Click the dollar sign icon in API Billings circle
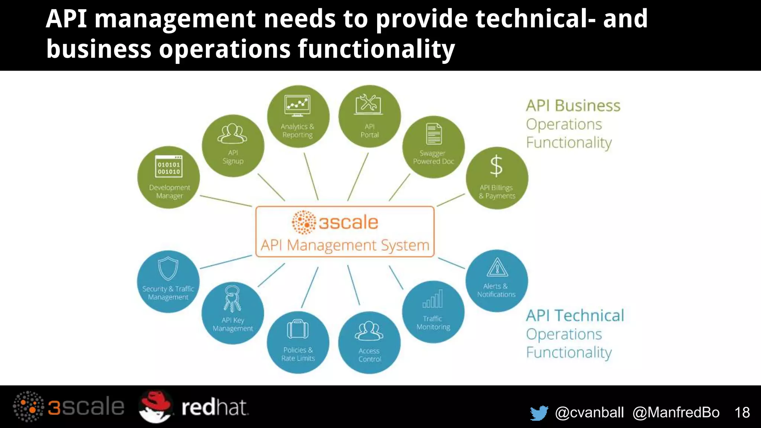(496, 166)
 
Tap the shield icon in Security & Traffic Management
(168, 268)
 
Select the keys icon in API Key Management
(232, 298)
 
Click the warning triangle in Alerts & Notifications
(497, 267)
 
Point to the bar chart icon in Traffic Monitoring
(433, 299)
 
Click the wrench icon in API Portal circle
(369, 104)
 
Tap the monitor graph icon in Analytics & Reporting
(297, 105)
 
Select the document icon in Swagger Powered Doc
(434, 134)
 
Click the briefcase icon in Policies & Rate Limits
(298, 329)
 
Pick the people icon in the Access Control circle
(369, 331)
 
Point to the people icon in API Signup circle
(232, 134)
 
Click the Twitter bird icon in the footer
(539, 413)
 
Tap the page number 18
(742, 412)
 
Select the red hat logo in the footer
(155, 406)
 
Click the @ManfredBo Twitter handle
(676, 412)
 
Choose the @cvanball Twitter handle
(589, 412)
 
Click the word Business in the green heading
(587, 106)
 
